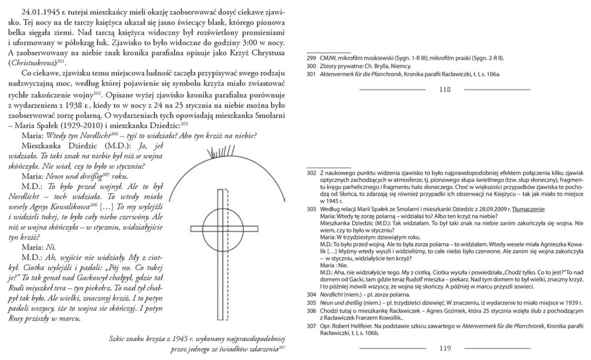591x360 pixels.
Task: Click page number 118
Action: point(444,89)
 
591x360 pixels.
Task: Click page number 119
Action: point(444,348)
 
